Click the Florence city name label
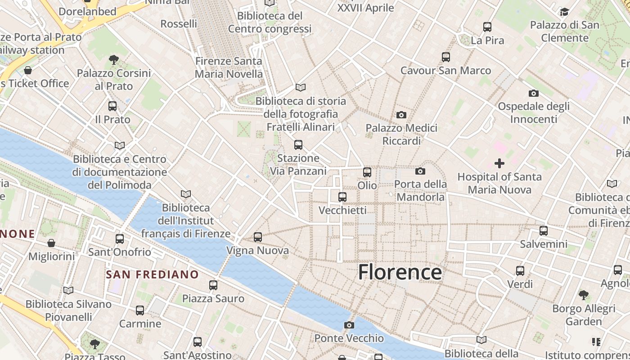(400, 272)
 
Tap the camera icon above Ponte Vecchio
(349, 325)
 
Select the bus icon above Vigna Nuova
(258, 237)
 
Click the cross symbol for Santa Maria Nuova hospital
(499, 163)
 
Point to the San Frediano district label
(152, 274)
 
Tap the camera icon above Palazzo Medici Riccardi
(401, 115)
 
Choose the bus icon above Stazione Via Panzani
(298, 145)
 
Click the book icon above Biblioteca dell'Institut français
(186, 194)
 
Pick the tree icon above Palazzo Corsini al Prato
(114, 59)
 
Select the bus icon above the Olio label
(367, 172)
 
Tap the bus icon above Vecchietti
(342, 197)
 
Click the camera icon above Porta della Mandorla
(420, 171)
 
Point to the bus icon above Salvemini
(544, 231)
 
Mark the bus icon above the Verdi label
(520, 271)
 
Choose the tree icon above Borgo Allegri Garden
(584, 295)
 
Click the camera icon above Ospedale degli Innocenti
(534, 93)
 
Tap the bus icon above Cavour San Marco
(446, 57)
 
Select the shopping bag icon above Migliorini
(52, 243)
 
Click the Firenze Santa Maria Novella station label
(229, 67)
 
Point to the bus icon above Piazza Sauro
(213, 285)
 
